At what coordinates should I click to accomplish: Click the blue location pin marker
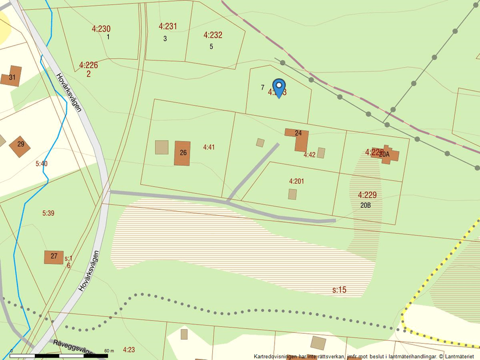(279, 88)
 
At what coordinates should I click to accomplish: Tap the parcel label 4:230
(101, 28)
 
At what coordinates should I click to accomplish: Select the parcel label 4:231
(168, 26)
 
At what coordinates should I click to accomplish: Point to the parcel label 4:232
(213, 35)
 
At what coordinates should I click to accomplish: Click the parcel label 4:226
(88, 65)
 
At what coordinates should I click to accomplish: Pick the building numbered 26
(182, 153)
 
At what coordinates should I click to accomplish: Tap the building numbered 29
(20, 145)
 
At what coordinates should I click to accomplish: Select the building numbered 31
(11, 76)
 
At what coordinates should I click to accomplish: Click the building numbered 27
(54, 257)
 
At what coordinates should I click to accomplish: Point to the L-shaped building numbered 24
(299, 138)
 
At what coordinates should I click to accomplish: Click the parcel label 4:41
(209, 147)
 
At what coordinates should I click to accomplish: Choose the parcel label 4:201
(296, 181)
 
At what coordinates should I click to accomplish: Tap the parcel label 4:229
(367, 195)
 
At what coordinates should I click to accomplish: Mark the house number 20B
(366, 205)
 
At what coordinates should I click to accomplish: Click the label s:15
(339, 289)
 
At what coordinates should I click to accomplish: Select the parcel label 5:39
(48, 213)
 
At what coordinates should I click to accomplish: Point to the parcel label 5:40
(41, 164)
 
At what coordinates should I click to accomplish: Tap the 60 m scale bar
(59, 355)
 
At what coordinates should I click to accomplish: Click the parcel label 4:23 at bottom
(129, 350)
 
